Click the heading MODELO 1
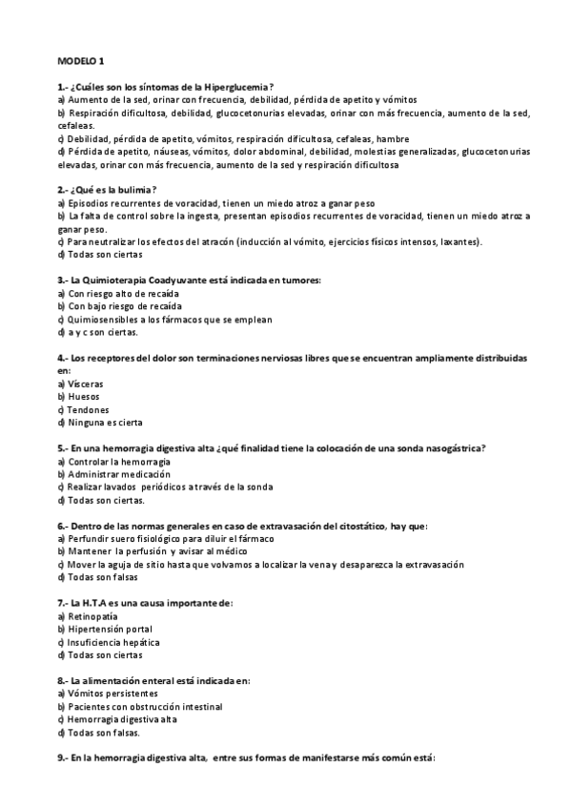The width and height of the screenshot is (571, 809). click(81, 60)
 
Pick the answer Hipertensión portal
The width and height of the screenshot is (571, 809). click(110, 630)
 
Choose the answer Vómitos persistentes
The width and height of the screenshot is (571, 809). click(112, 694)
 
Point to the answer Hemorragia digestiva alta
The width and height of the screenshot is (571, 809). click(122, 719)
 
